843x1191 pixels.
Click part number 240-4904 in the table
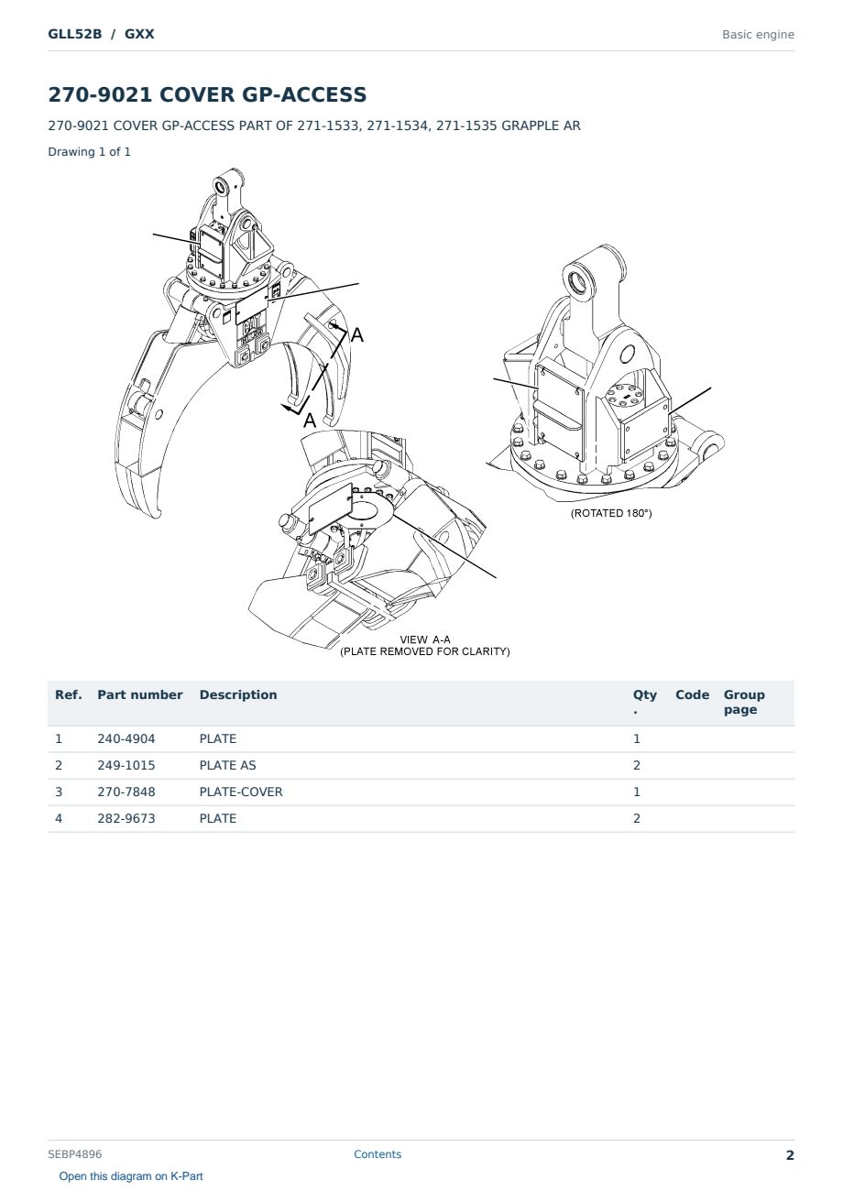coord(126,738)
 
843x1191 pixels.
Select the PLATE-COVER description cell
coord(241,792)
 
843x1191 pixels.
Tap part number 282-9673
coord(126,818)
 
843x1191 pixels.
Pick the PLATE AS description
coord(227,765)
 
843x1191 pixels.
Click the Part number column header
coord(140,695)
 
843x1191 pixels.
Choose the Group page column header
coord(744,702)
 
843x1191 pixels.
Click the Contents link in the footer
coord(378,1154)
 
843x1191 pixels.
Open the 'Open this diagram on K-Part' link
coord(131,1176)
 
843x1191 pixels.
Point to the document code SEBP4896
coord(75,1154)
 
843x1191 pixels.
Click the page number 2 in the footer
coord(790,1155)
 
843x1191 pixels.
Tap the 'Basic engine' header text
coord(758,35)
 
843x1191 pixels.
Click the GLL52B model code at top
coord(74,34)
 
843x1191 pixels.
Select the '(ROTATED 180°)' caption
coord(611,513)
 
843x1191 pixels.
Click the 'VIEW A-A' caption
coord(425,639)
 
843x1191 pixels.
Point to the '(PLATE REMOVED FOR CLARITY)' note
coord(425,651)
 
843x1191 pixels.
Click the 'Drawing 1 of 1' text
coord(90,152)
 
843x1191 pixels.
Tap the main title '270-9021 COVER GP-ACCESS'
coord(207,94)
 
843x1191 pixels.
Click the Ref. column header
coord(69,695)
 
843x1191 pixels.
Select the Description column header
coord(238,695)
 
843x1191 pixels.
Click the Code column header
coord(692,695)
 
